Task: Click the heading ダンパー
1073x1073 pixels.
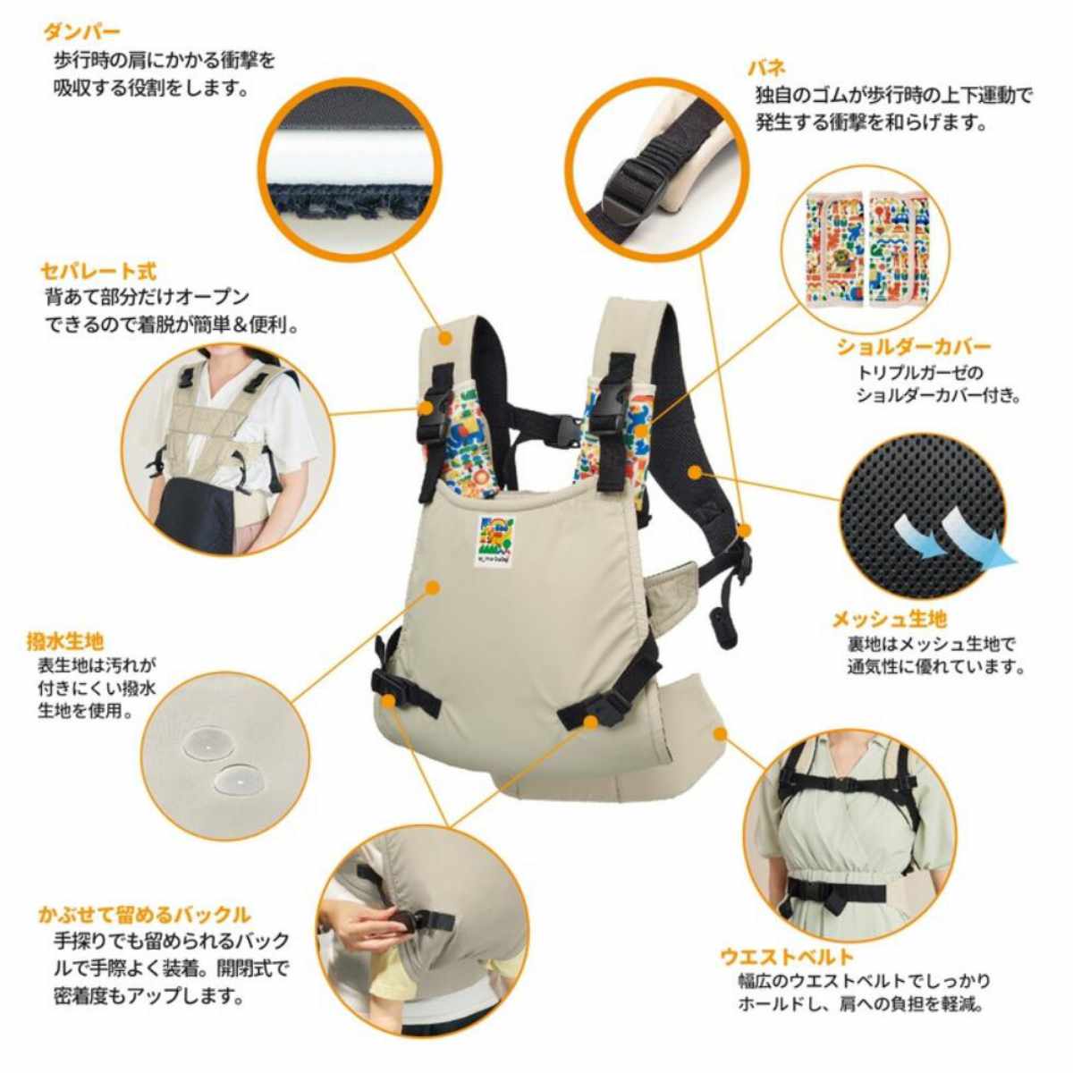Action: click(81, 33)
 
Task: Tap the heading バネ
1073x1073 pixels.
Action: click(767, 67)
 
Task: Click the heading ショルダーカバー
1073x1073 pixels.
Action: click(913, 346)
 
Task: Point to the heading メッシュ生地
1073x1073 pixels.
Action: click(889, 619)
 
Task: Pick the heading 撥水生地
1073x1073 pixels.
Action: click(64, 641)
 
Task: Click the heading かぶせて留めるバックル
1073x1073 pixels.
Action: click(144, 914)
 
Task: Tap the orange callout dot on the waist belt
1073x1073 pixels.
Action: click(720, 732)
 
